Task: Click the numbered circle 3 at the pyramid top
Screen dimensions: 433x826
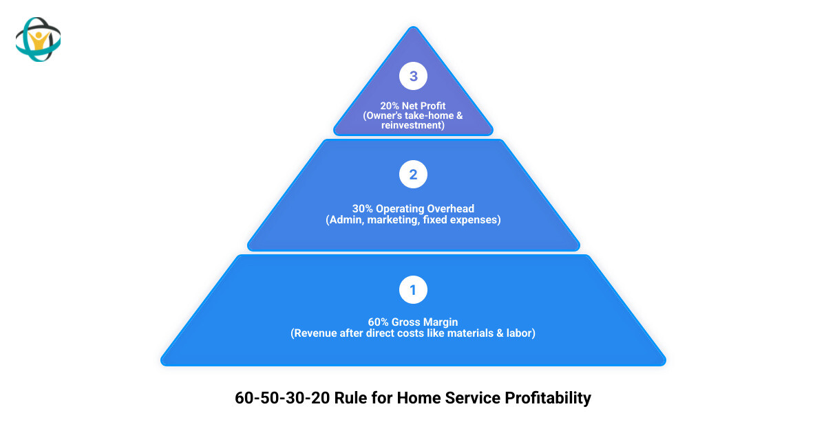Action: (x=413, y=76)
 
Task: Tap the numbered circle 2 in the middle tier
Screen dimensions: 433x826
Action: (x=413, y=175)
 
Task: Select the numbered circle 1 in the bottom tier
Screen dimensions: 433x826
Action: (x=413, y=290)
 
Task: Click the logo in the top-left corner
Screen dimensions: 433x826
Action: (x=39, y=39)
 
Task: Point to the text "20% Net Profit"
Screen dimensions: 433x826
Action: (x=413, y=107)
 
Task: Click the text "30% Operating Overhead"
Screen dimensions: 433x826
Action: (x=413, y=208)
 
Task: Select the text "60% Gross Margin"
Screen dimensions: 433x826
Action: (x=413, y=322)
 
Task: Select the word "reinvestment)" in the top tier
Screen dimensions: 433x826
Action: (x=413, y=126)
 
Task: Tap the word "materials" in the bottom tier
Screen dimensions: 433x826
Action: (x=480, y=333)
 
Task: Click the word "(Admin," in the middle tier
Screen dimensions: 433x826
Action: (x=346, y=220)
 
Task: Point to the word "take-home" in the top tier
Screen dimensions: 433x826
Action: (x=430, y=116)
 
